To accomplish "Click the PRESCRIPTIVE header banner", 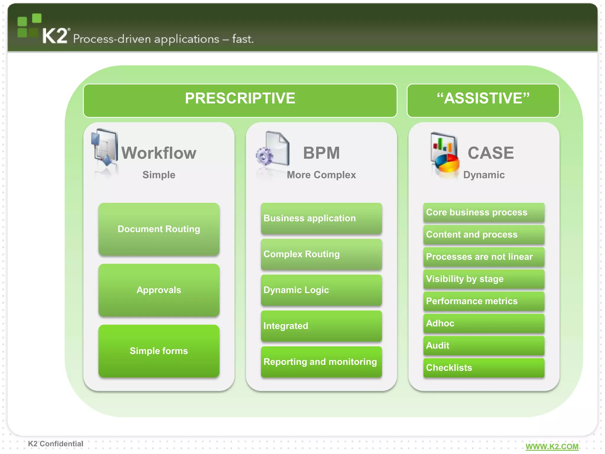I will tap(240, 100).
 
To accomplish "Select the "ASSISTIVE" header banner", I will tap(483, 100).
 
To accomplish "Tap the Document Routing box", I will tap(159, 229).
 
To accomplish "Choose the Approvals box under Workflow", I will tap(159, 290).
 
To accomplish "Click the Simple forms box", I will tap(159, 351).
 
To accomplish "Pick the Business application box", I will tap(321, 218).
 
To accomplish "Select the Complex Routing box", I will tap(321, 254).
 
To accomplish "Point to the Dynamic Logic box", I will tap(321, 290).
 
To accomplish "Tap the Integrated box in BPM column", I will tap(321, 326).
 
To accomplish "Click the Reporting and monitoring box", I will tap(321, 362).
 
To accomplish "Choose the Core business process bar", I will tap(484, 212).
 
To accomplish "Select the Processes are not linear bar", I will tap(484, 257).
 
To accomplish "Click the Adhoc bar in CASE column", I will tap(484, 323).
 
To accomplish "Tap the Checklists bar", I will tap(484, 367).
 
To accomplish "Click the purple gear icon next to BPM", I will tap(264, 156).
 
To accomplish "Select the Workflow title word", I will tap(159, 153).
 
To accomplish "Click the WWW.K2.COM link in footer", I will tap(552, 446).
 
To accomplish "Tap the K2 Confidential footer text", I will tap(56, 444).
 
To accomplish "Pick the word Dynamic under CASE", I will tap(484, 175).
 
